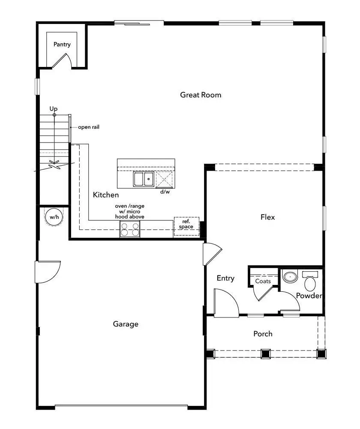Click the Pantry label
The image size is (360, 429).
tap(62, 44)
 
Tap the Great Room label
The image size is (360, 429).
tap(201, 95)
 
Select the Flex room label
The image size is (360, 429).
tap(268, 217)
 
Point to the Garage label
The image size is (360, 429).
tap(126, 324)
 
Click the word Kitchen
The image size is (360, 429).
tap(106, 195)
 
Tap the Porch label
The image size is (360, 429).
tap(263, 334)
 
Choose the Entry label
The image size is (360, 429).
tap(225, 278)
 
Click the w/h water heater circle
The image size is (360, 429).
tap(54, 218)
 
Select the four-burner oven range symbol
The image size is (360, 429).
tap(130, 230)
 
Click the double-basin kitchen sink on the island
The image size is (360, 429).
tap(143, 179)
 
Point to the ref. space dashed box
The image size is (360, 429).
tap(186, 225)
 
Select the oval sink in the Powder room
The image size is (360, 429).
tap(290, 277)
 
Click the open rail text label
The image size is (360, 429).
tap(89, 127)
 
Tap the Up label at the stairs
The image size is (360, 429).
tap(54, 109)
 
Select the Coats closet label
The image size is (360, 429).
tap(263, 281)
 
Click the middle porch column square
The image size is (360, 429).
tap(266, 354)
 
